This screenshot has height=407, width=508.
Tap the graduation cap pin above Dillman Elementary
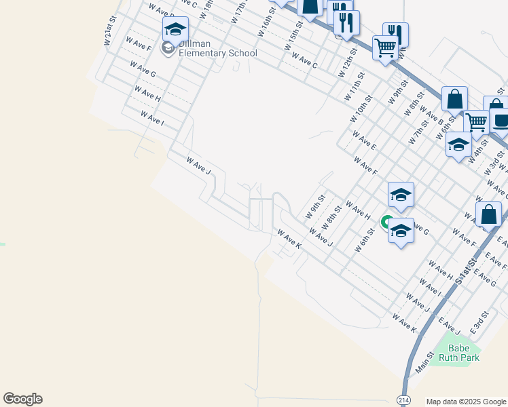175,30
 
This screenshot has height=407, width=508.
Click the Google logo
22,399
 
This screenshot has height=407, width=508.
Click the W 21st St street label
107,37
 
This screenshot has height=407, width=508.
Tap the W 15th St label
293,44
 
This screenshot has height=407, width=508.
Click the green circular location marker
387,222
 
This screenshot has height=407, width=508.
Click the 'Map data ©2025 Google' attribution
466,402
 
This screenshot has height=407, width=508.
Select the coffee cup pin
501,121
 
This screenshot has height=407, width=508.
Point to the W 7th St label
418,131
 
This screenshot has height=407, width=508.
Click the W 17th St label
238,12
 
